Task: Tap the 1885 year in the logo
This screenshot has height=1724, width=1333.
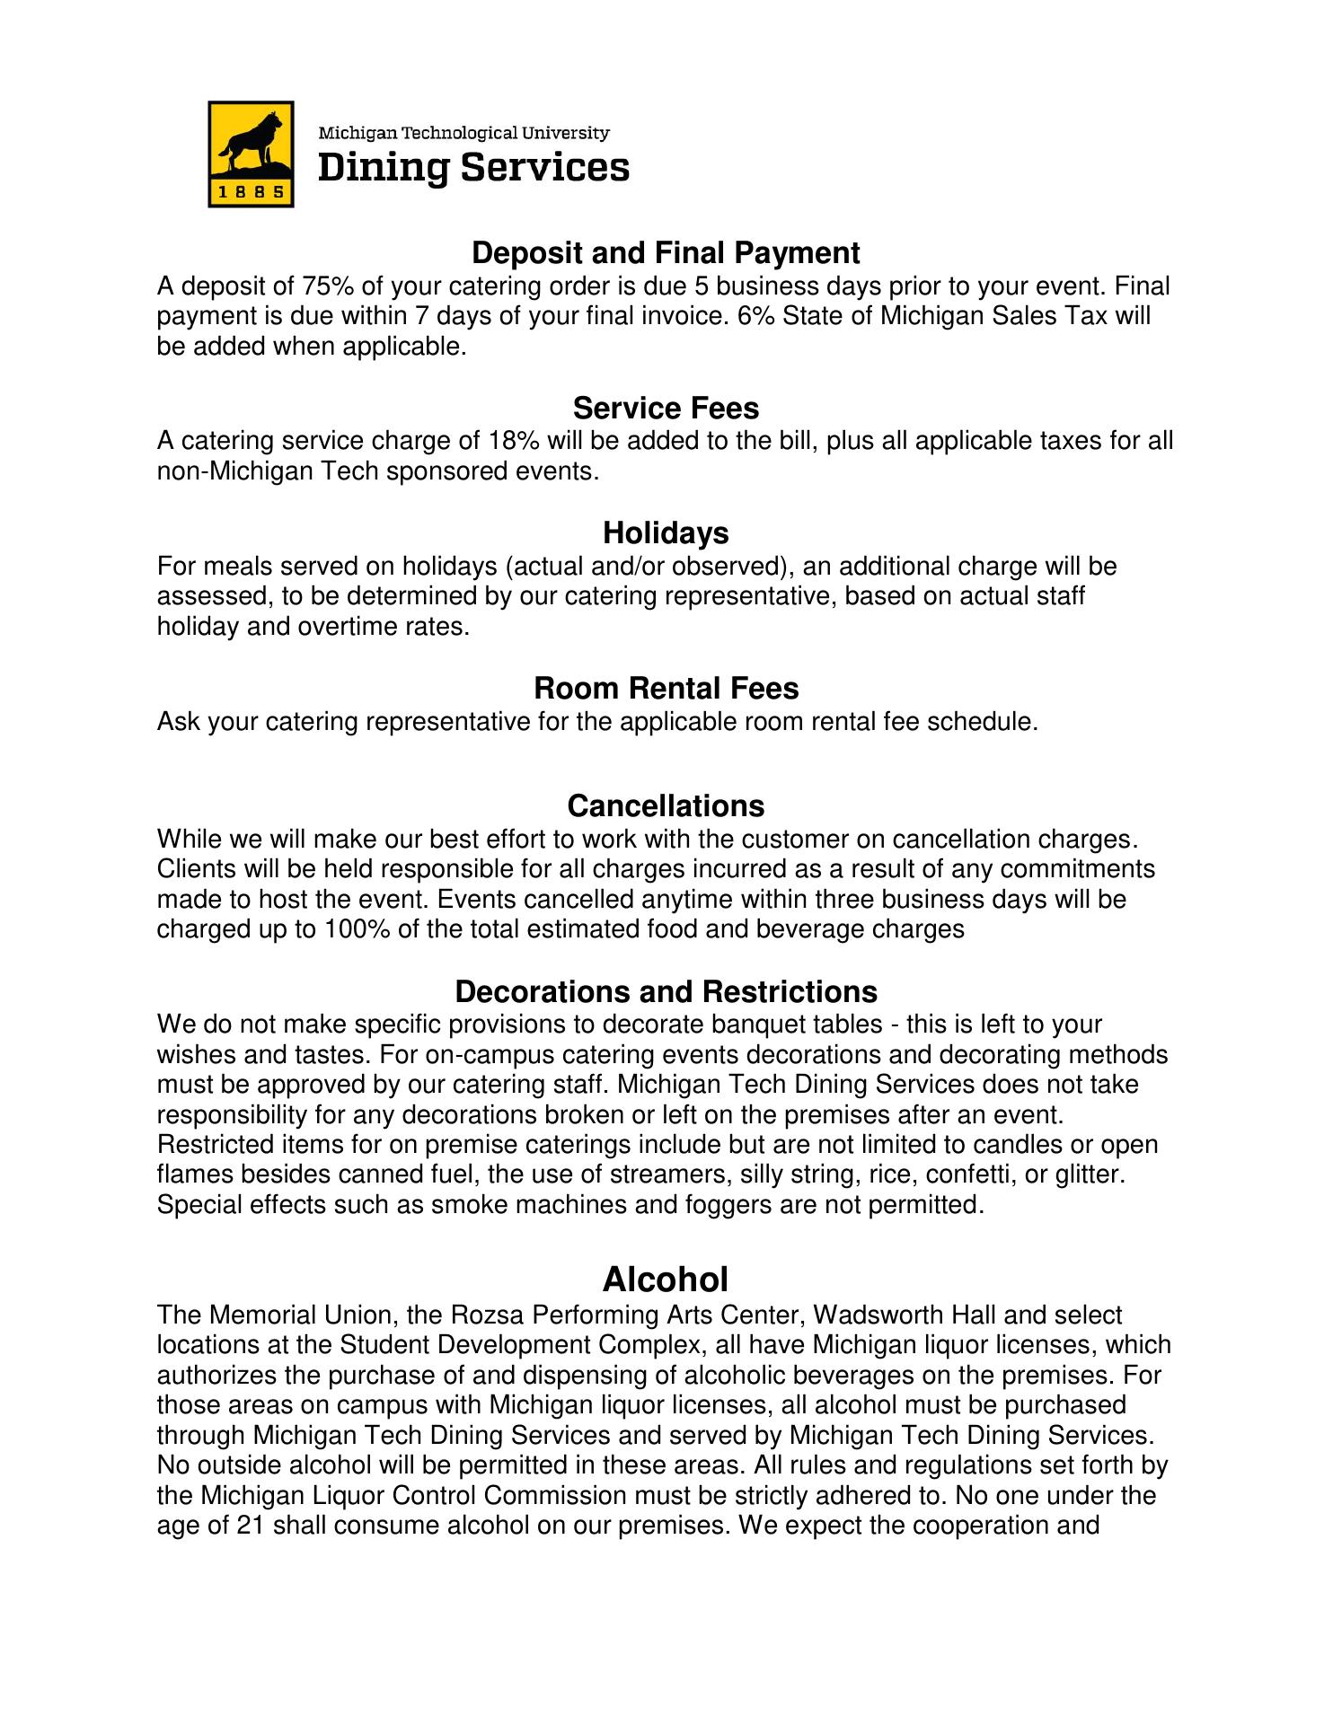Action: tap(252, 192)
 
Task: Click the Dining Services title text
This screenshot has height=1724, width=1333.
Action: tap(474, 168)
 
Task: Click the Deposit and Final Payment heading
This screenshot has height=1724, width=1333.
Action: tap(666, 253)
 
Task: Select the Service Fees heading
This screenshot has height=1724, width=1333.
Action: tap(666, 409)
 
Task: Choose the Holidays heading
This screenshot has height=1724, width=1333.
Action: tap(666, 533)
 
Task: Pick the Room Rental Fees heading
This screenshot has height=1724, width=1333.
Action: tap(666, 688)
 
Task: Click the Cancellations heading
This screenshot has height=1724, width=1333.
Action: tap(666, 805)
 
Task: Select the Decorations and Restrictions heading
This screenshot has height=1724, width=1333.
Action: tap(666, 991)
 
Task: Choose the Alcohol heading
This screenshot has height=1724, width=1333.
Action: tap(666, 1279)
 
